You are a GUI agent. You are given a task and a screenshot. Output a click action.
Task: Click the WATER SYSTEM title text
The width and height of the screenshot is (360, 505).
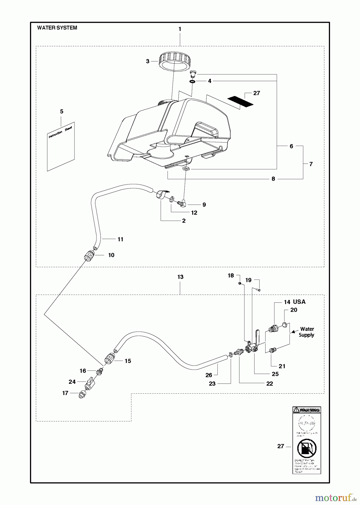(57, 28)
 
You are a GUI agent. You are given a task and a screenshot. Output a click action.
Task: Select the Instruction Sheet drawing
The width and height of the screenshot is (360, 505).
(61, 147)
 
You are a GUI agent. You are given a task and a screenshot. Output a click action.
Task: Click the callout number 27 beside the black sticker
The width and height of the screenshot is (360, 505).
(257, 93)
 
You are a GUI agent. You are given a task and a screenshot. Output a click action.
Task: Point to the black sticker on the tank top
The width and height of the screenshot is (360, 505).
(240, 101)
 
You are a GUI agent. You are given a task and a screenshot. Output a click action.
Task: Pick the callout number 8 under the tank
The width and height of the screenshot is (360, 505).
(273, 179)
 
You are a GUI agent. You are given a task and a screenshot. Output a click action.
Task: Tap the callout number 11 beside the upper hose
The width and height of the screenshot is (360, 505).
(120, 239)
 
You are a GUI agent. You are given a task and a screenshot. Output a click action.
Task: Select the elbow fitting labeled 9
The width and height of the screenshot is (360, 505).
(183, 204)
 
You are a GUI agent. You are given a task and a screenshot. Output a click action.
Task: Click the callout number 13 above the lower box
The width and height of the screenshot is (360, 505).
(180, 277)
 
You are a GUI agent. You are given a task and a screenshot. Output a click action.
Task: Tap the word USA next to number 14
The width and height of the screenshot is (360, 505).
(299, 302)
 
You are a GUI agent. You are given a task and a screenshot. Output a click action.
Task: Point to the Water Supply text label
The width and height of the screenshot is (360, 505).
(306, 332)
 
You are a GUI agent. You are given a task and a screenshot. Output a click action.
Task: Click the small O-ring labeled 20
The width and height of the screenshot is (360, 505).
(285, 325)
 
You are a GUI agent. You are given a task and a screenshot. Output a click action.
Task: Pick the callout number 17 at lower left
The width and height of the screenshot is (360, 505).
(65, 393)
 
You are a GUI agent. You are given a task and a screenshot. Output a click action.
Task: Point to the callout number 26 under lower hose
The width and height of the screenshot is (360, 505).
(209, 375)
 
